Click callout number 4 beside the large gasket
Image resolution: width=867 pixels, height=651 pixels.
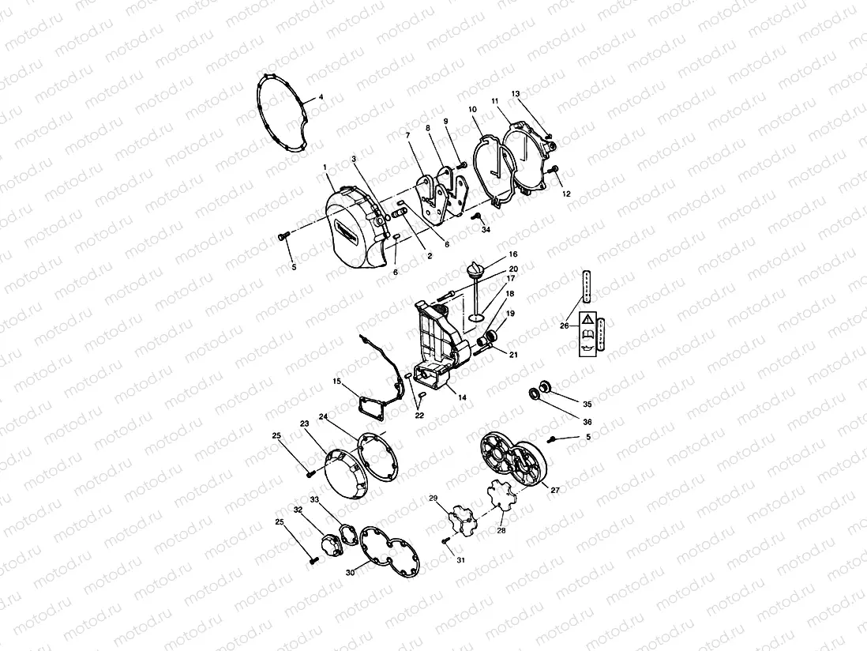(321, 98)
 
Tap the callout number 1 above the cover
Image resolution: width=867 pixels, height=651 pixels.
(325, 167)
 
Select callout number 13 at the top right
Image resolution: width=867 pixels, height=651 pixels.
(516, 94)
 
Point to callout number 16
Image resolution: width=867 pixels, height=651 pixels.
(512, 254)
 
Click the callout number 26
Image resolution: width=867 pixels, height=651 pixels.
(564, 325)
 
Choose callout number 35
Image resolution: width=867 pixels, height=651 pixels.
(587, 404)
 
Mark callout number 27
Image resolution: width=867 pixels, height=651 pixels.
(555, 490)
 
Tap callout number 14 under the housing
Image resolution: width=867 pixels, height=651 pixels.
(461, 397)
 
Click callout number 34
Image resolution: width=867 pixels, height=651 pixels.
(485, 230)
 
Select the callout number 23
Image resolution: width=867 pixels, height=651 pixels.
(304, 423)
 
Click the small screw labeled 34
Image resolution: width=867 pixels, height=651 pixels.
(477, 215)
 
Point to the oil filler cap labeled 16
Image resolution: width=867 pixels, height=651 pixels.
(476, 271)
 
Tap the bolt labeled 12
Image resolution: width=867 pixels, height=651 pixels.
(555, 170)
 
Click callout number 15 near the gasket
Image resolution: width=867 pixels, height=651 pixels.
(336, 382)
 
